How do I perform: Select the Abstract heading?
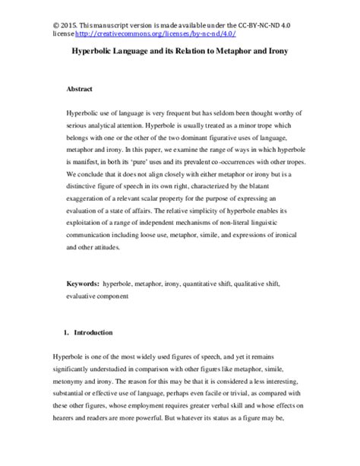coord(81,88)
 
